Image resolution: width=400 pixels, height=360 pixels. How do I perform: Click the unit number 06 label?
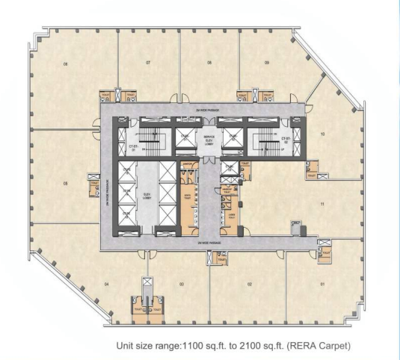[x=66, y=65]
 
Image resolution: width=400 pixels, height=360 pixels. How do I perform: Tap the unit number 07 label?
[x=149, y=62]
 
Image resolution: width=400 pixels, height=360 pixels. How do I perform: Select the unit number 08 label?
[x=211, y=62]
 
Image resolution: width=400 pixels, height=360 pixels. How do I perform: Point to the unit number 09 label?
[x=267, y=62]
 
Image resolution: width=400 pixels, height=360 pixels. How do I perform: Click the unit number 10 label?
[x=321, y=134]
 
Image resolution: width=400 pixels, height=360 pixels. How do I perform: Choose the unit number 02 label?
[x=249, y=284]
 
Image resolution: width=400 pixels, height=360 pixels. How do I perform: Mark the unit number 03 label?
[x=182, y=284]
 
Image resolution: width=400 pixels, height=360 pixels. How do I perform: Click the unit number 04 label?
[x=107, y=284]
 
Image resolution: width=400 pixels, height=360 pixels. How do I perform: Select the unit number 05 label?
[x=66, y=181]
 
